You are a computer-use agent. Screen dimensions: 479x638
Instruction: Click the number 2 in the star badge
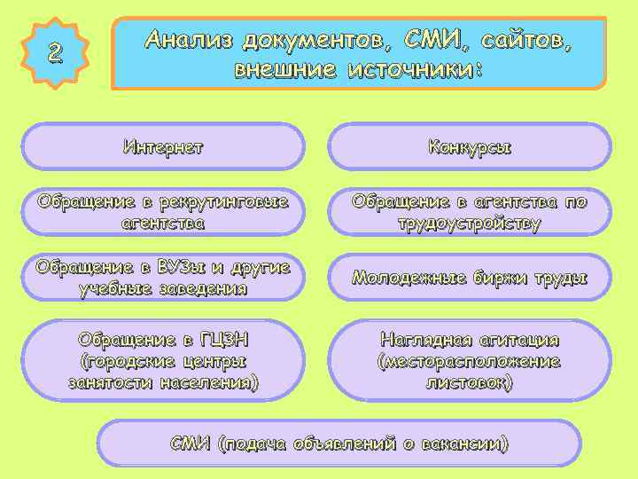[x=55, y=53]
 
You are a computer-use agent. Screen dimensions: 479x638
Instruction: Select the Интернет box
[x=163, y=146]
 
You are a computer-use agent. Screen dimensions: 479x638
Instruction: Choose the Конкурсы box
[x=470, y=146]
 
